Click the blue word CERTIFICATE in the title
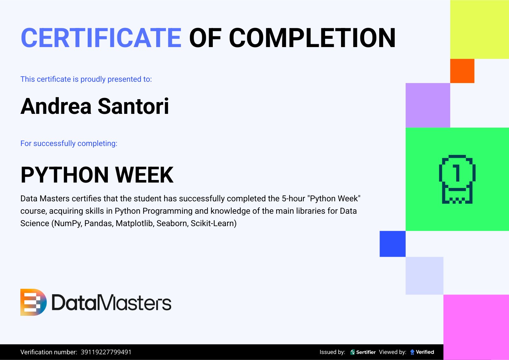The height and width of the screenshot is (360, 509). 101,38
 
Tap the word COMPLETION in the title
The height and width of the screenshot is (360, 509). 312,38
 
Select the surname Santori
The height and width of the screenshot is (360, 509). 133,106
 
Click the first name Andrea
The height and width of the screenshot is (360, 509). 56,106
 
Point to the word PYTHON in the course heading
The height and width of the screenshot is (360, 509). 65,175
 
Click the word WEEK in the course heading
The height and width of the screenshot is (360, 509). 144,175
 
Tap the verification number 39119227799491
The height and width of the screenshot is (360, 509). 106,352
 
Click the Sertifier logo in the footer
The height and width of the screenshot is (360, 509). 363,352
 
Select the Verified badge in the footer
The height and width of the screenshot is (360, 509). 422,352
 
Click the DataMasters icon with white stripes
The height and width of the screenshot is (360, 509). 33,302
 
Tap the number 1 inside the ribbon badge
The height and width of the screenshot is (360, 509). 457,173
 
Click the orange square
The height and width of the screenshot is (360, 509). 462,71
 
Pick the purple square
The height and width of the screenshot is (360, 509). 428,105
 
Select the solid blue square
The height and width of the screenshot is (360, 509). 393,244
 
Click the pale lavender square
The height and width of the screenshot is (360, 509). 424,276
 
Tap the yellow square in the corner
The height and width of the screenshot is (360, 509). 479,30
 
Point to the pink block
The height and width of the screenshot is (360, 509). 476,327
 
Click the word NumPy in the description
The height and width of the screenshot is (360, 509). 68,224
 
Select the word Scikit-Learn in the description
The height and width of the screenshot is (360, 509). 212,224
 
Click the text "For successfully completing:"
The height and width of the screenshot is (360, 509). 69,143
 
